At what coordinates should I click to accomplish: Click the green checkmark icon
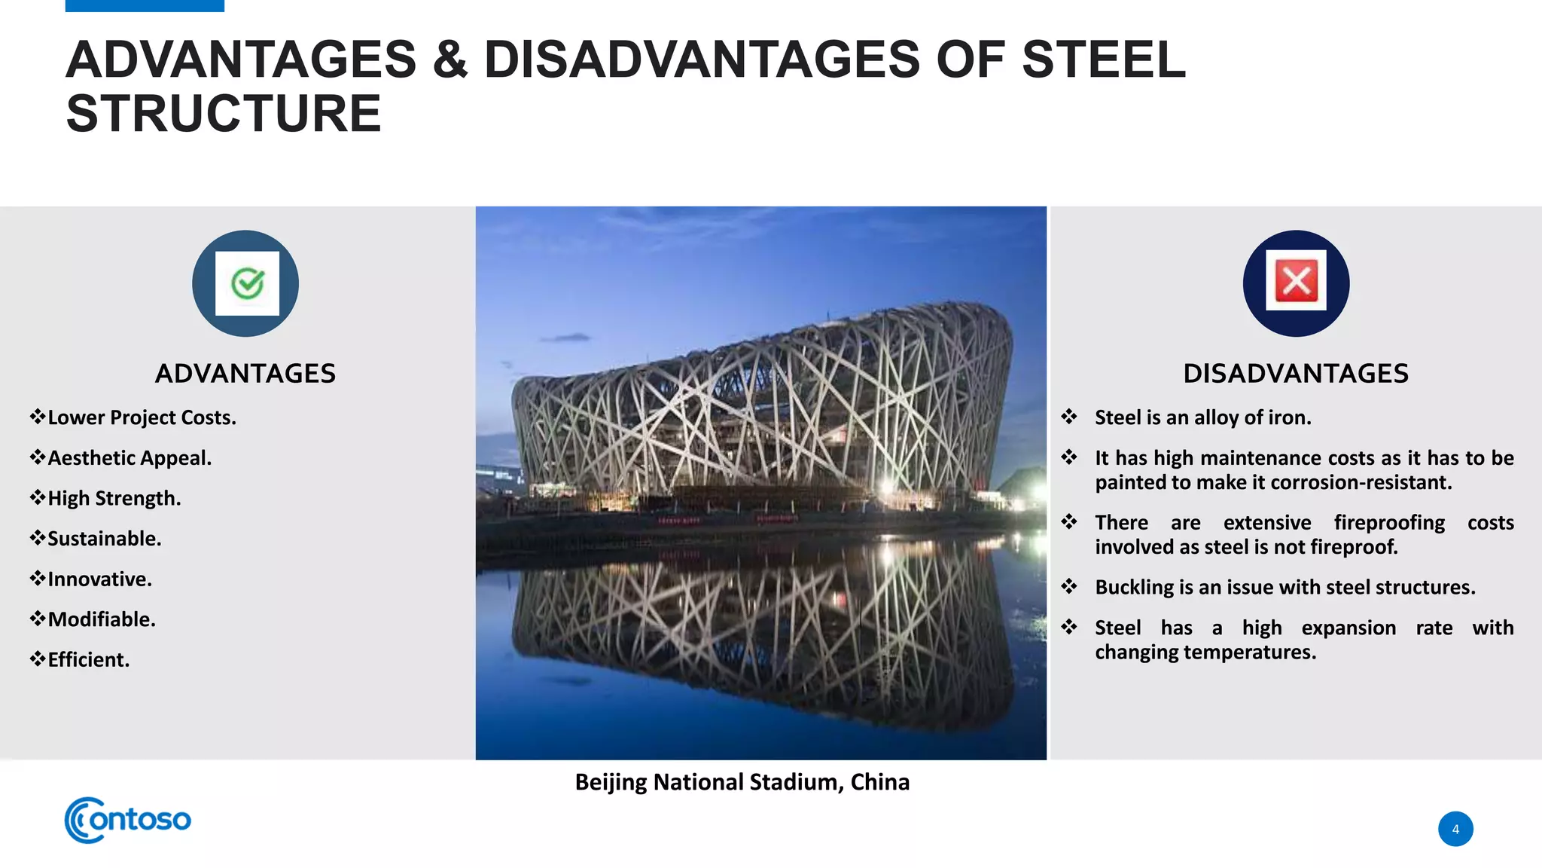247,283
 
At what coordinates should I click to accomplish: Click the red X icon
1296,281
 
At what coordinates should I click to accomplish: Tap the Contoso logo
128,820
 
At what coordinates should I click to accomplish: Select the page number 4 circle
1455,829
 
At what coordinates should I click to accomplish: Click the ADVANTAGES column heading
245,374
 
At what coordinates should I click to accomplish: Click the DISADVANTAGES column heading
1295,374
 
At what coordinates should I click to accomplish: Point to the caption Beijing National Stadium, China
742,782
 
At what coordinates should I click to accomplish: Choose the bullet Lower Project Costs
142,417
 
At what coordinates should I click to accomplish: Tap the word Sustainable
104,539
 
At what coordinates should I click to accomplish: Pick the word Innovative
99,579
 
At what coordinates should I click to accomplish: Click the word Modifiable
102,619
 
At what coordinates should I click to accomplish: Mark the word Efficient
88,660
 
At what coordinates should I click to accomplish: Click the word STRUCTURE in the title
224,114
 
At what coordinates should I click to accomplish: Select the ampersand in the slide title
449,60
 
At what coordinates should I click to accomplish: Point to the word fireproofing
1389,523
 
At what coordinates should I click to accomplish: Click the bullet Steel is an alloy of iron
1202,417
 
